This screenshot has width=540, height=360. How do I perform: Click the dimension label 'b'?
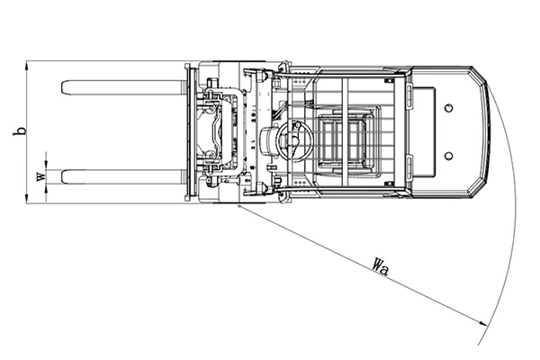pyautogui.click(x=20, y=131)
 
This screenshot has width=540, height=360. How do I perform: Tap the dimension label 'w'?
pyautogui.click(x=41, y=176)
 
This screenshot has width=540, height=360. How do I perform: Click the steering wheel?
pyautogui.click(x=295, y=140)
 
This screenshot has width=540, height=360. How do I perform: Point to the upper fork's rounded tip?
pyautogui.click(x=62, y=87)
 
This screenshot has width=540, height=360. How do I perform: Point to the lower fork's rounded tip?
pyautogui.click(x=62, y=176)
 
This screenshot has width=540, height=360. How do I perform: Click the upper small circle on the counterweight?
pyautogui.click(x=448, y=108)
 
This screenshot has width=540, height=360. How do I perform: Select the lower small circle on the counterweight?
pyautogui.click(x=448, y=156)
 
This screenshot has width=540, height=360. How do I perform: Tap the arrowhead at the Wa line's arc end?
pyautogui.click(x=483, y=323)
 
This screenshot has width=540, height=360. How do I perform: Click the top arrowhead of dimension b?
pyautogui.click(x=26, y=65)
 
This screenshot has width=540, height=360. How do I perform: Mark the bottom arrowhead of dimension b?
pyautogui.click(x=26, y=199)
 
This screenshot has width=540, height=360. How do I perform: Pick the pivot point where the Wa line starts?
pyautogui.click(x=239, y=206)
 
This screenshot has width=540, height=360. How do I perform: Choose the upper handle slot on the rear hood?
pyautogui.click(x=409, y=97)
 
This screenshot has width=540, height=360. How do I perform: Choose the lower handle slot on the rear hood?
pyautogui.click(x=409, y=168)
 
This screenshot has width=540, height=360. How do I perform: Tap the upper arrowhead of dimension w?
pyautogui.click(x=46, y=166)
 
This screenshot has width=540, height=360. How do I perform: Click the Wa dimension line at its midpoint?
pyautogui.click(x=364, y=265)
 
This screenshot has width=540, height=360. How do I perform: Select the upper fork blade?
pyautogui.click(x=122, y=87)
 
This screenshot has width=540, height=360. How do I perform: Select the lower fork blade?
pyautogui.click(x=122, y=176)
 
